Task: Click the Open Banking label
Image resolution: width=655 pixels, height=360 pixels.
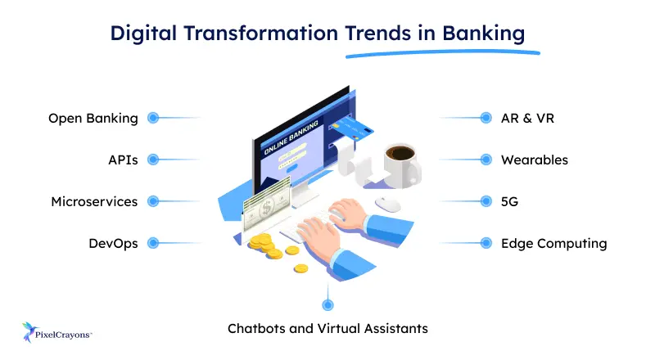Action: click(93, 118)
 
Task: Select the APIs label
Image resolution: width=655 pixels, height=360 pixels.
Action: click(122, 160)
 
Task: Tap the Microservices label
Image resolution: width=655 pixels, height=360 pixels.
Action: click(94, 201)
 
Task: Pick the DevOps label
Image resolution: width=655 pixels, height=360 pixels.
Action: click(113, 243)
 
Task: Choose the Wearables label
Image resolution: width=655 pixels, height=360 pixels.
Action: click(535, 160)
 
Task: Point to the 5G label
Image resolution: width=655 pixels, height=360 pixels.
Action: click(510, 201)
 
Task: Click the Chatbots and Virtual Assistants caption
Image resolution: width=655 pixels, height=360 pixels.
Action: click(327, 329)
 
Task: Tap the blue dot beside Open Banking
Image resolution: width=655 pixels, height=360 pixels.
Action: click(152, 118)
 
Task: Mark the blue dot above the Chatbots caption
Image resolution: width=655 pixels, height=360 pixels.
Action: click(327, 304)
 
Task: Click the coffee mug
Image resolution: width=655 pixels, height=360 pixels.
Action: click(401, 164)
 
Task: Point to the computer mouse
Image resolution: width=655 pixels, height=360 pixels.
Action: click(387, 202)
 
